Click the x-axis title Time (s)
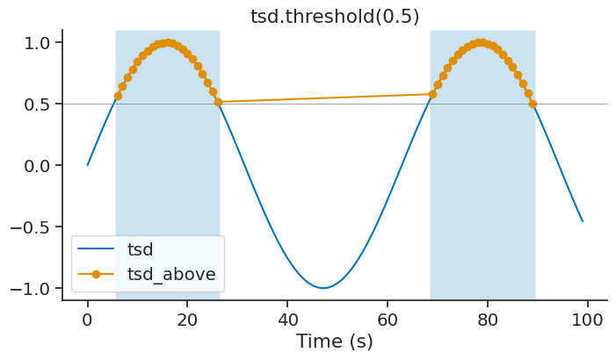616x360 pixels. pos(334,342)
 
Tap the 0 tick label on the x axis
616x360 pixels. pos(87,319)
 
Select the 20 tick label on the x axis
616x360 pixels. pos(187,319)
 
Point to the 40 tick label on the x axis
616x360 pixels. pos(287,319)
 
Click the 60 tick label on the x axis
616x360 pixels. pos(388,319)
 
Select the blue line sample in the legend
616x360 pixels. pos(97,249)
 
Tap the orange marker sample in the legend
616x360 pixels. pos(97,274)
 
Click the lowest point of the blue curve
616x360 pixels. pos(323,288)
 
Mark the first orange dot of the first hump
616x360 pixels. pos(118,96)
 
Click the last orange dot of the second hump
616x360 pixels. pos(533,104)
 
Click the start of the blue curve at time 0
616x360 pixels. pos(88,165)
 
